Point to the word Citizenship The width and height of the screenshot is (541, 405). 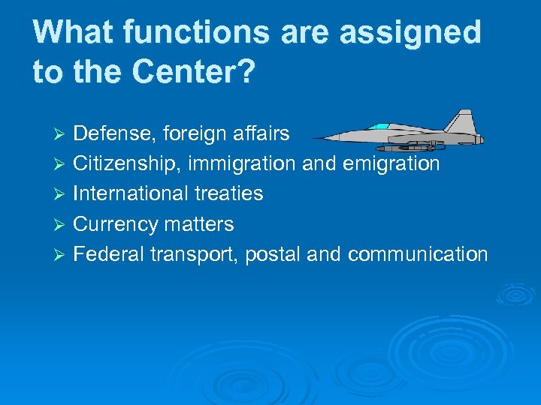128,163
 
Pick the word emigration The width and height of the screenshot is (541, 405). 392,163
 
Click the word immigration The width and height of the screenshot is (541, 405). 243,163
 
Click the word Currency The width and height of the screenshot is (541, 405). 116,223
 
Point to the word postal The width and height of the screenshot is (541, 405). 272,253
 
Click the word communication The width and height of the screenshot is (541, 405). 418,253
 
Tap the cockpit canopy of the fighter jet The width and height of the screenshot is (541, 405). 382,127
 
